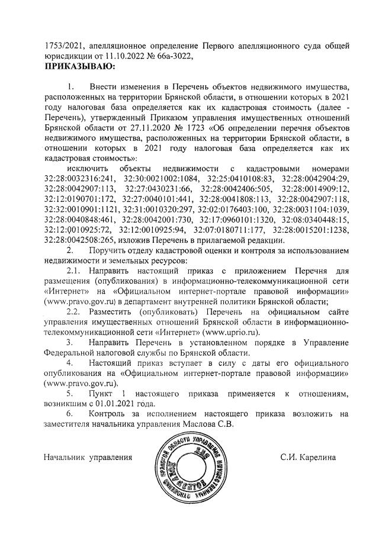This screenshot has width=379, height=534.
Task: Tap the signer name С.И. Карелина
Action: coord(308,458)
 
